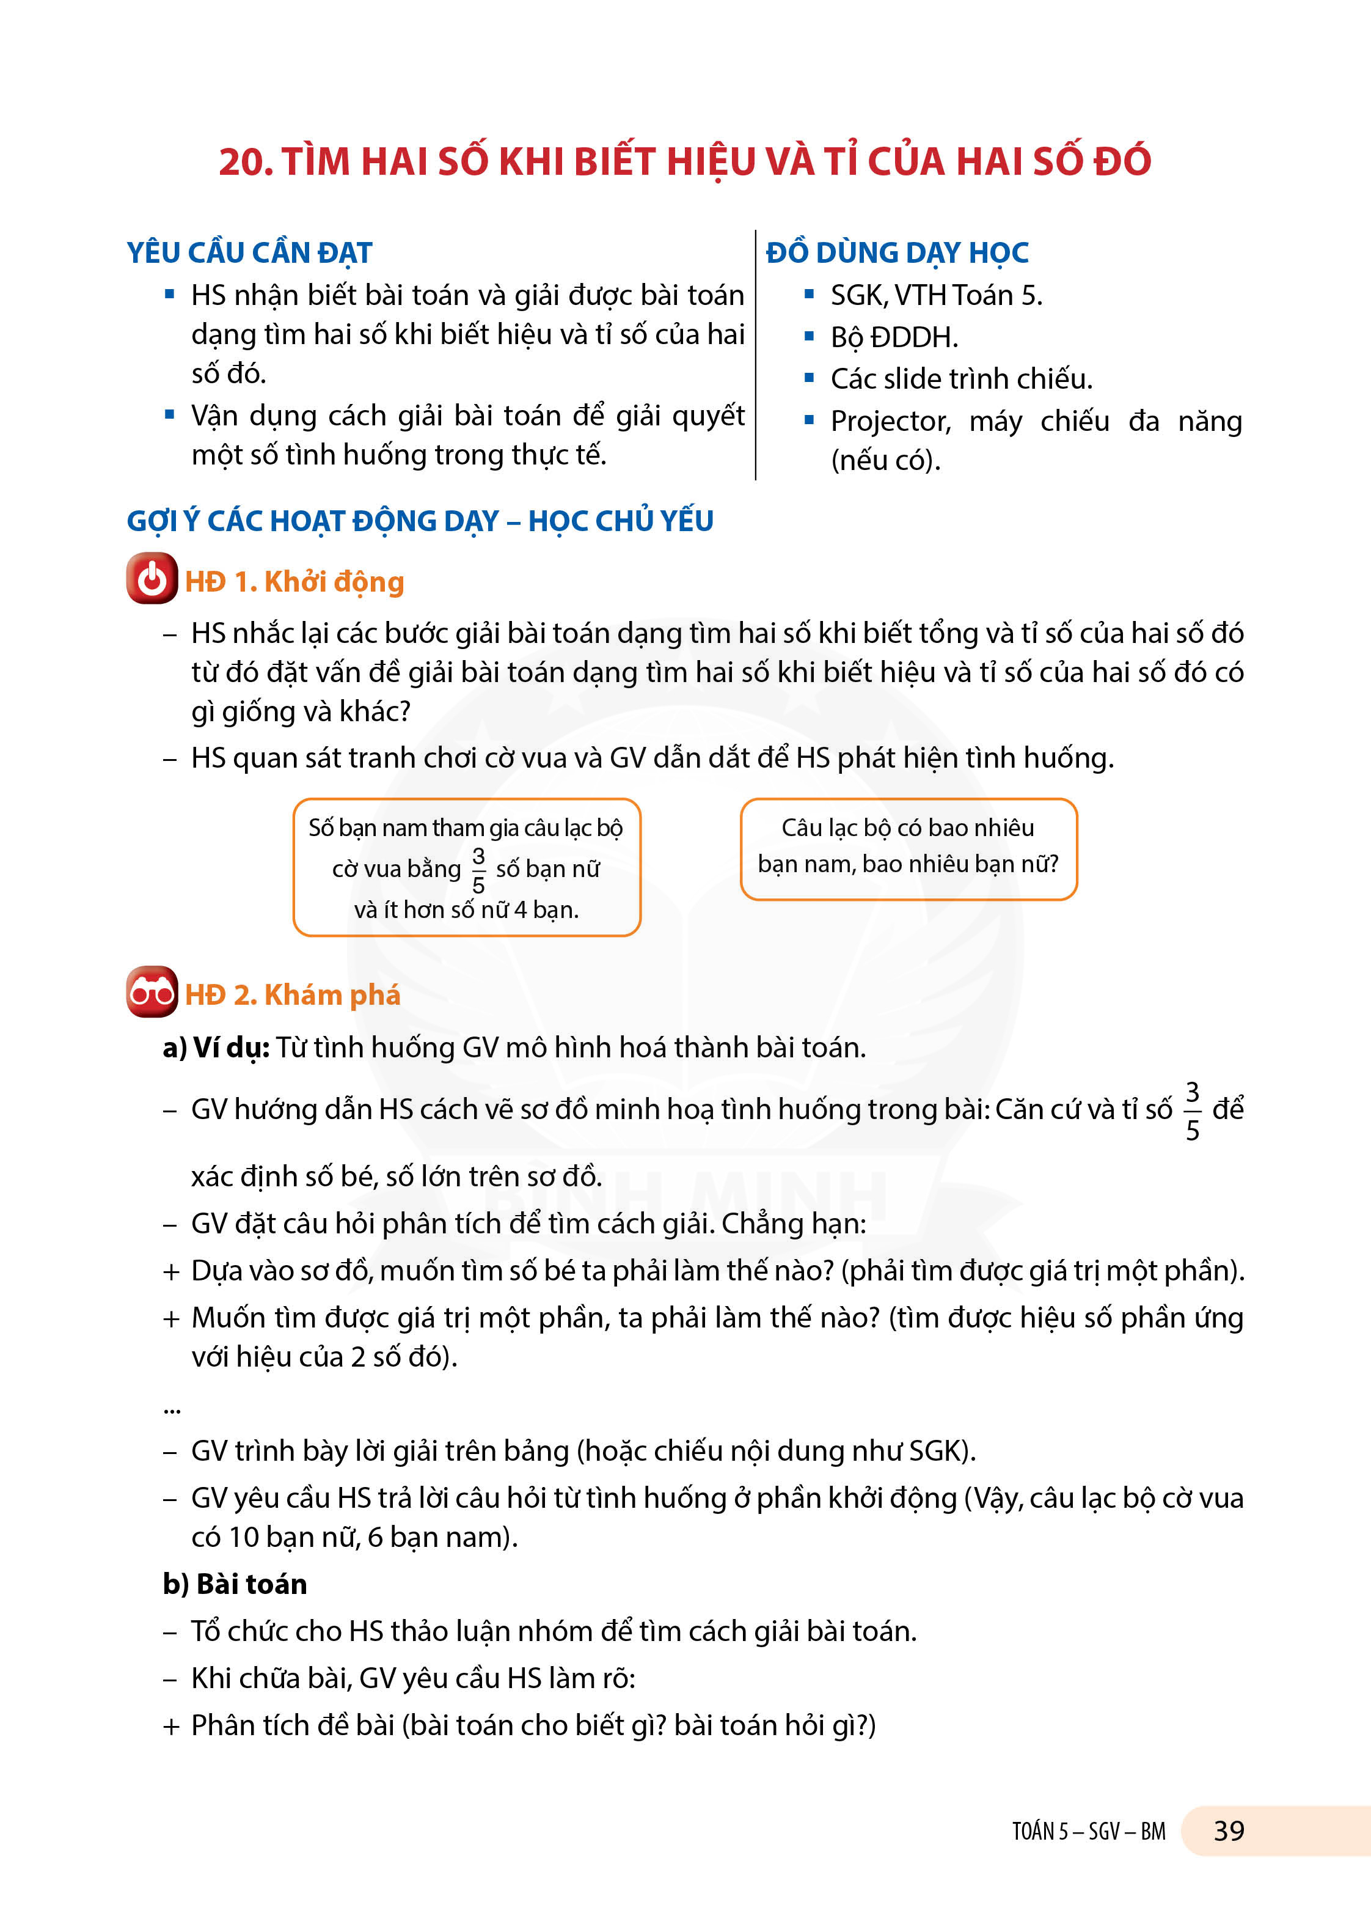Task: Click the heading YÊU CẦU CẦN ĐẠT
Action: coord(250,253)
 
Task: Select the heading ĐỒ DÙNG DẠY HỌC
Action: coord(897,253)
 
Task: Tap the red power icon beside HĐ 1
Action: coord(152,579)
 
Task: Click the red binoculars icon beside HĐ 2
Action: coord(152,992)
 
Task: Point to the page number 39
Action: coord(1229,1830)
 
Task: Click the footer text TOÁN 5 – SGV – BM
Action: coord(1089,1831)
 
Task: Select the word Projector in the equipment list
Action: coord(890,421)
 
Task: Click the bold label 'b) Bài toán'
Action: coord(235,1584)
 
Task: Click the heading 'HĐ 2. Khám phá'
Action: coord(293,994)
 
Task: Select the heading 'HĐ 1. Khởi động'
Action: coord(294,582)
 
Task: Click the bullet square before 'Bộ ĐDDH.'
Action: coord(810,337)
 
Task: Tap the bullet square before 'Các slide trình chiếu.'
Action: coord(810,378)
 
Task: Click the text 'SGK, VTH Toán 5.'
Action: coord(936,295)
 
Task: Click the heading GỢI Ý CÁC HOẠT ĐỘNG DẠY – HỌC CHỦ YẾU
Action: coord(420,521)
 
